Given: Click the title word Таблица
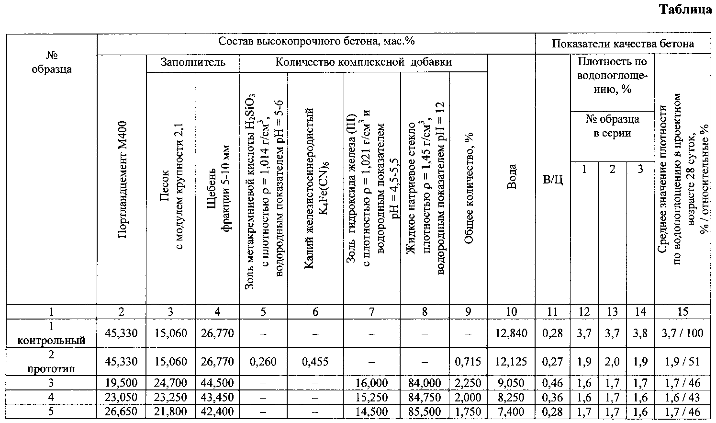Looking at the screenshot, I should (686, 10).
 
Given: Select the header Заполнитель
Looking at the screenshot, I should (192, 63).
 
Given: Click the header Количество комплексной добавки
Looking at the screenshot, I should (363, 62).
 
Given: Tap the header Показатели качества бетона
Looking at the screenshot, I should (623, 44).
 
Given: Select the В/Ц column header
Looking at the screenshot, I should (552, 180).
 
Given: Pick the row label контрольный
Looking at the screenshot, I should (51, 341).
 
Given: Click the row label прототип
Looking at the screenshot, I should (51, 369).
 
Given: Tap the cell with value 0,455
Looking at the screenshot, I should (315, 362).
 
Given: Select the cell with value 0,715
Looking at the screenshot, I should (468, 362).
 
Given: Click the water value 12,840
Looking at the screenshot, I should (511, 333).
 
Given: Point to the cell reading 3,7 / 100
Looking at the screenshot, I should (682, 333).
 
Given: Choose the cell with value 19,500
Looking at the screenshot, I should (122, 383).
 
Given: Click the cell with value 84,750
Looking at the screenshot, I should (425, 398).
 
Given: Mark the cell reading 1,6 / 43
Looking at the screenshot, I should (682, 398).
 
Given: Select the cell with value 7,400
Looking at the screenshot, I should (511, 412).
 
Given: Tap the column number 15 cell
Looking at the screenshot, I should (682, 312).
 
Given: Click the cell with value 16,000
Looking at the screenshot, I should (371, 383).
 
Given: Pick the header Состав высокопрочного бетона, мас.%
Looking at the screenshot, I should (316, 41).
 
